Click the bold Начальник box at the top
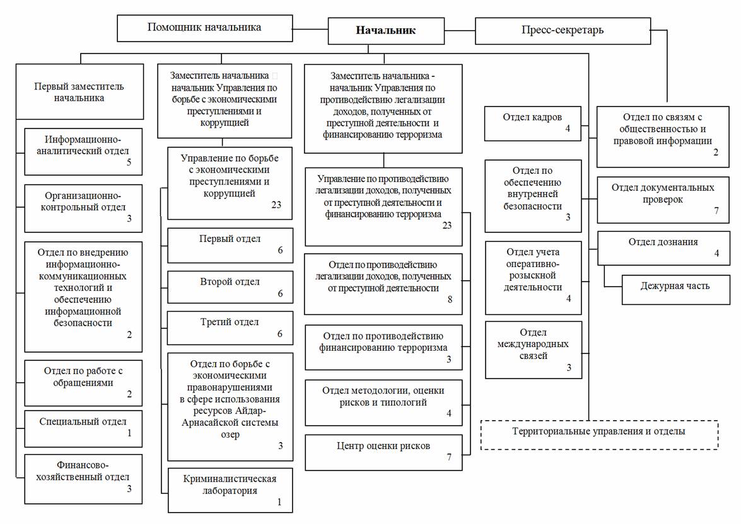(x=386, y=31)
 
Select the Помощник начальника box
(x=204, y=28)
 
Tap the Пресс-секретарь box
(x=563, y=31)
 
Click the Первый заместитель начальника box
(x=79, y=91)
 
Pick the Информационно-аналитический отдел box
(x=83, y=152)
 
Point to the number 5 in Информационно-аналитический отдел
(x=129, y=162)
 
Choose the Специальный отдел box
(x=83, y=429)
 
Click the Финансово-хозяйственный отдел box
(x=83, y=479)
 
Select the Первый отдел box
(x=230, y=246)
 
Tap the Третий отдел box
(x=230, y=327)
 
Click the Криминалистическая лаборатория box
(x=230, y=490)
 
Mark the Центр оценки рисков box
(x=383, y=452)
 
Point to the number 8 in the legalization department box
(x=450, y=299)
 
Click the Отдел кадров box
(x=533, y=123)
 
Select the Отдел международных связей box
(x=534, y=350)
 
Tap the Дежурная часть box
(x=676, y=290)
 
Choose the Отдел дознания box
(x=663, y=248)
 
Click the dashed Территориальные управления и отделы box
(x=599, y=435)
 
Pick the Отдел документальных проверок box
(x=663, y=200)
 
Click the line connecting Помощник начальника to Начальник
(x=310, y=29)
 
